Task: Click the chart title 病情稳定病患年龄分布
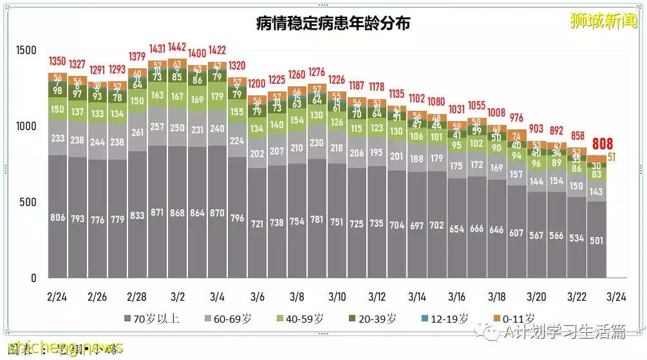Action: (x=333, y=24)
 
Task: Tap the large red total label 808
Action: (x=603, y=144)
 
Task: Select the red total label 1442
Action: (x=178, y=48)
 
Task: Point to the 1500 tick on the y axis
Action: (x=26, y=51)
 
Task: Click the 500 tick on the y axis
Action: (x=28, y=203)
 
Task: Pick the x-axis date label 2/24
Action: (x=57, y=298)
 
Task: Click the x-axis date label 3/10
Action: (x=337, y=298)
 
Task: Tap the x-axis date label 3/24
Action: (x=616, y=298)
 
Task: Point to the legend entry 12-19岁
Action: (x=445, y=318)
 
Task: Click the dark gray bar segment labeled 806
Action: (x=57, y=218)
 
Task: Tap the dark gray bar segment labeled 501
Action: (x=596, y=241)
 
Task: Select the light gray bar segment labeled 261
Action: (x=137, y=133)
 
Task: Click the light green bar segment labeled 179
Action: (x=217, y=97)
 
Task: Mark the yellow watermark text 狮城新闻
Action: (x=603, y=21)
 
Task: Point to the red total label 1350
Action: (x=57, y=62)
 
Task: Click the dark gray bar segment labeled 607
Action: (x=516, y=233)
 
